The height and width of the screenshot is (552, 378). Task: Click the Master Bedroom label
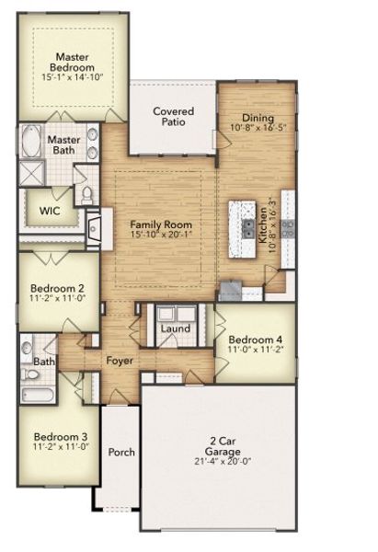73,62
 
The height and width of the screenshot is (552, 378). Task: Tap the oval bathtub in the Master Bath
32,143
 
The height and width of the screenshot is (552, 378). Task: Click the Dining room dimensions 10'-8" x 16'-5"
258,131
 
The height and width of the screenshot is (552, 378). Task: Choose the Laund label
175,328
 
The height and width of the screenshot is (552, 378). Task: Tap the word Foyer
120,361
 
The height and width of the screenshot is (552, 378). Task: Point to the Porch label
120,452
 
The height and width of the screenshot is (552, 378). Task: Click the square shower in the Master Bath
30,173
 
